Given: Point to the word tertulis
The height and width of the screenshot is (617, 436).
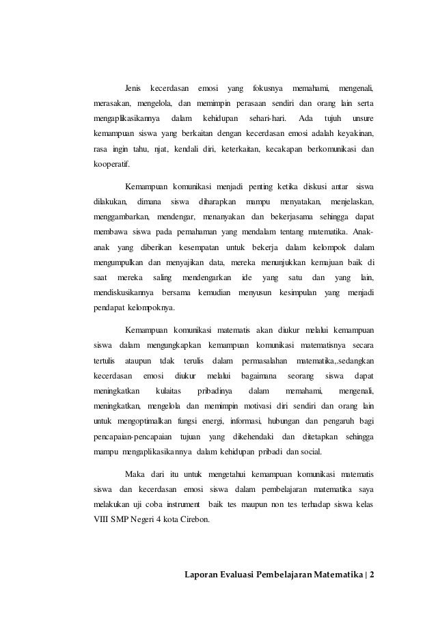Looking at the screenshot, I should [x=105, y=360].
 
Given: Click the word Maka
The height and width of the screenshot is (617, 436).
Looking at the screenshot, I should [x=135, y=474].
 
